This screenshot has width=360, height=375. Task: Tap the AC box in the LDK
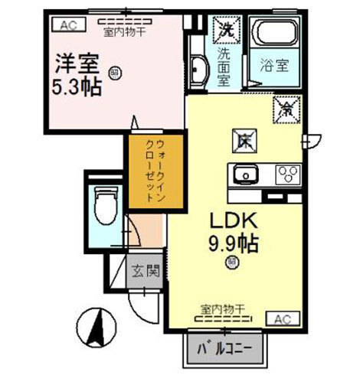[x=280, y=318]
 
